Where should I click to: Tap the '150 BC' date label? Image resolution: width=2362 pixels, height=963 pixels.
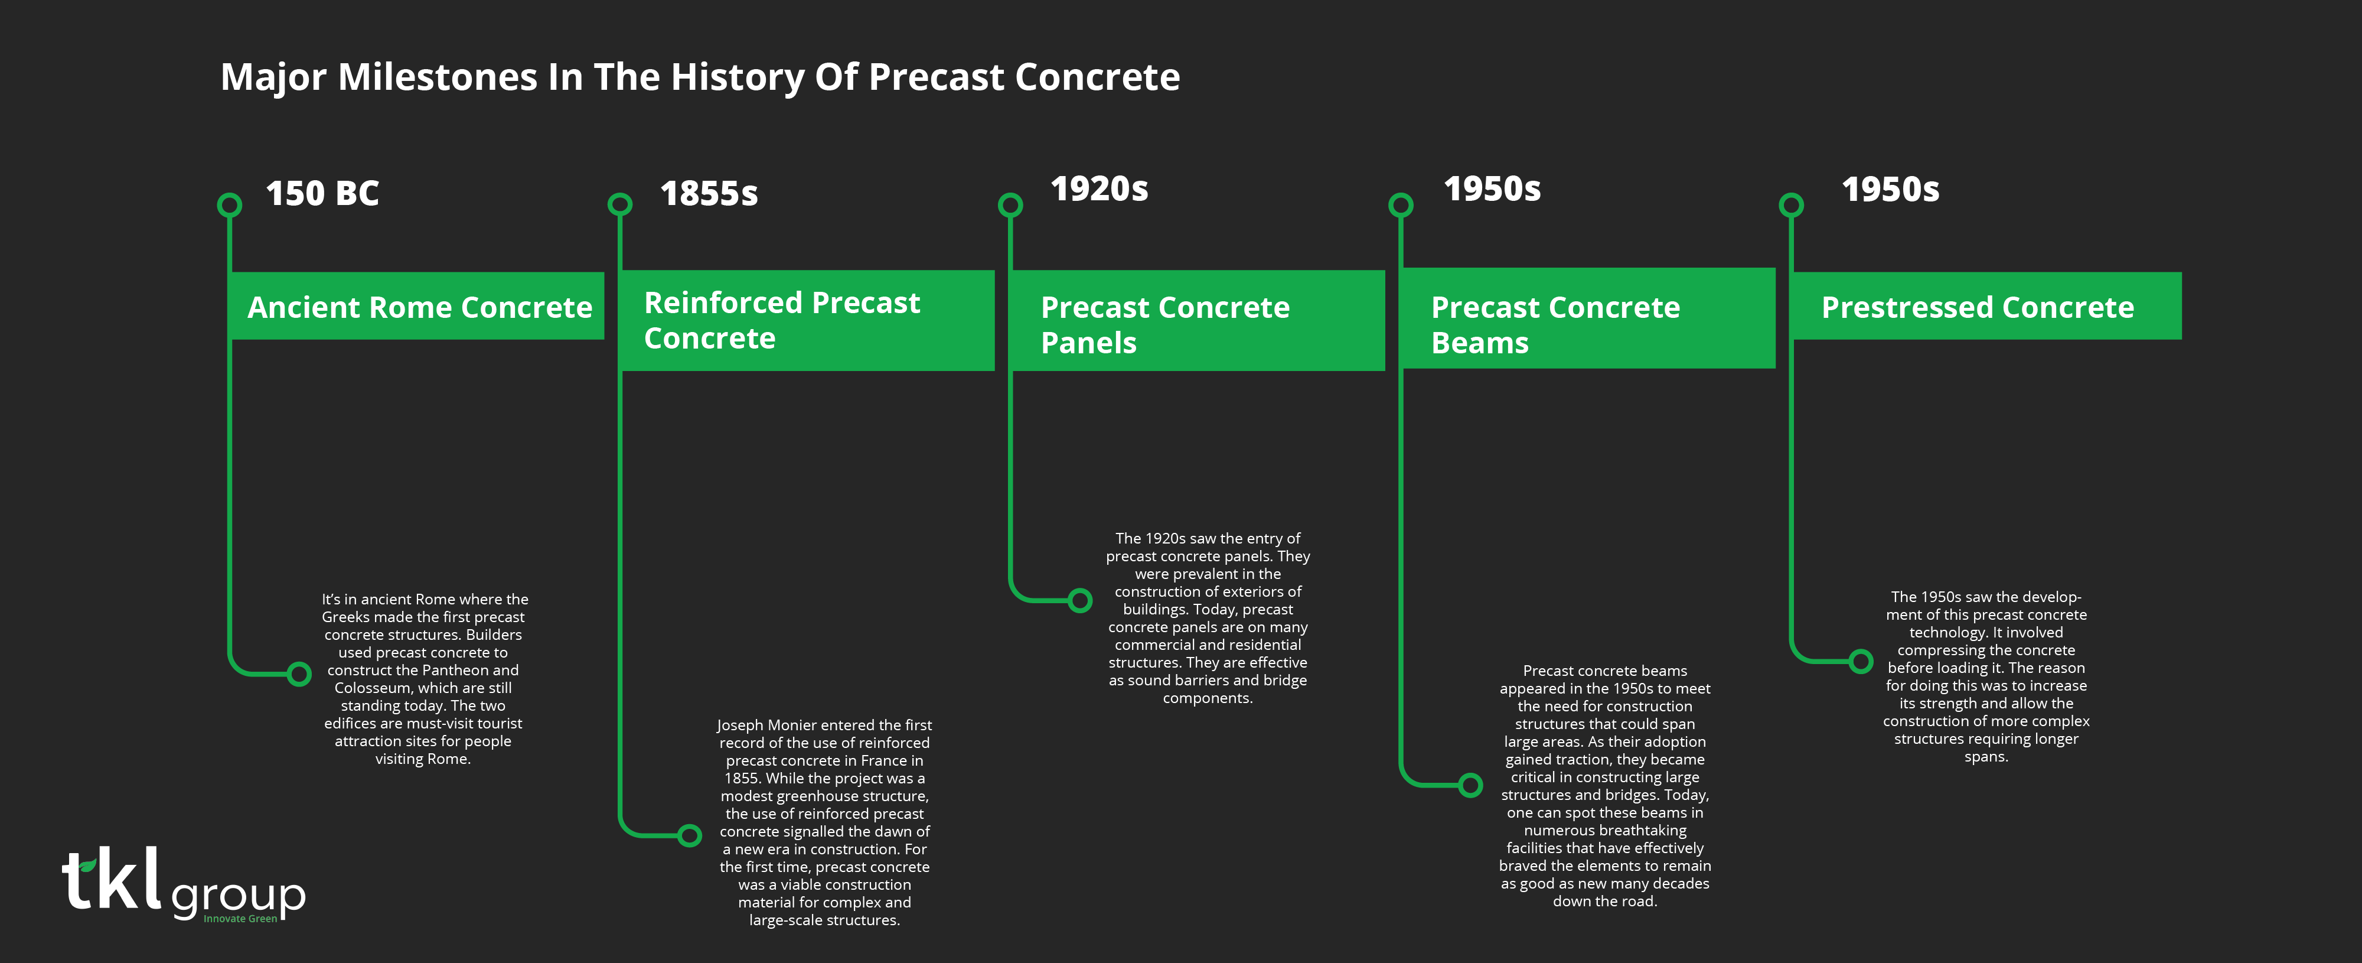[322, 194]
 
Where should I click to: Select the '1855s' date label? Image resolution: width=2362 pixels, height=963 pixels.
[709, 194]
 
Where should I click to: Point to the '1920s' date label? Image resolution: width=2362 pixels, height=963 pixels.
[1098, 189]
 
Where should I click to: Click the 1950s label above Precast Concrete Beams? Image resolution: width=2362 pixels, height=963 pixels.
[1492, 189]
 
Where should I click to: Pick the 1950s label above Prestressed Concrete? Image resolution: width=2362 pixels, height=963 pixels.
[1890, 190]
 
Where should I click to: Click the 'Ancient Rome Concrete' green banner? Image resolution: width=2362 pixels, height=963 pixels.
[417, 305]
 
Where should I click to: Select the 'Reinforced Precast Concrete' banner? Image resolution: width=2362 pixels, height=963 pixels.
[808, 320]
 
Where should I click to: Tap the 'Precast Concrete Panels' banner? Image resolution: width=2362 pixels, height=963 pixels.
[1198, 320]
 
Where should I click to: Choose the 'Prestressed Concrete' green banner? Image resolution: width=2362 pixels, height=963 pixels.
[1986, 305]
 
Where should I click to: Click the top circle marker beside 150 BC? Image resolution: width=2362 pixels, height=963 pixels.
[229, 204]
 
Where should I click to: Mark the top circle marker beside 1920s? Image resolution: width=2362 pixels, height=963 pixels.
[1010, 204]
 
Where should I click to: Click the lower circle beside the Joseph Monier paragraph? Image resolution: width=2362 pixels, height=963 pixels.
[690, 835]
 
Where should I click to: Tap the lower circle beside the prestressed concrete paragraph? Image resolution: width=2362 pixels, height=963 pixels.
[1861, 661]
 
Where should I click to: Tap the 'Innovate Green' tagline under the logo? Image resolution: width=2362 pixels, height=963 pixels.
[240, 919]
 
